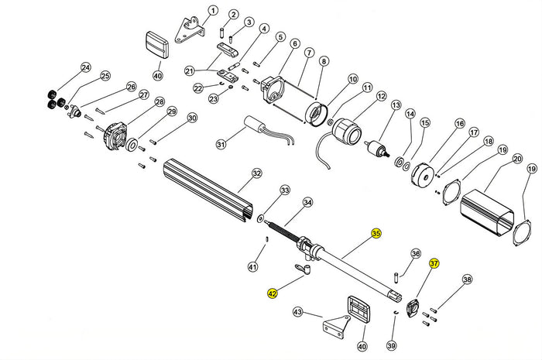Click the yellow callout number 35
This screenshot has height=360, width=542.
pos(376,234)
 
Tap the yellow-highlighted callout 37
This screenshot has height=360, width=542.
pos(434,263)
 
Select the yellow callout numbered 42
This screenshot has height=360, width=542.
pos(272,293)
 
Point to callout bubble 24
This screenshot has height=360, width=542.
pos(85,67)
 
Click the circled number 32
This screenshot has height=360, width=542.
pos(256,174)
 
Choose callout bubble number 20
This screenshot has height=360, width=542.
pos(516,159)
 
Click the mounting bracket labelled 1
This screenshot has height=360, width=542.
pos(188,29)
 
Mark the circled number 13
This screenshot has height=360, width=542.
pos(395,105)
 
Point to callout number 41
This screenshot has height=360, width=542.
pos(252,267)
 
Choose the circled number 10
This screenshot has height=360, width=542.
pos(352,79)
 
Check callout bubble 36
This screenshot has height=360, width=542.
pos(415,253)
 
